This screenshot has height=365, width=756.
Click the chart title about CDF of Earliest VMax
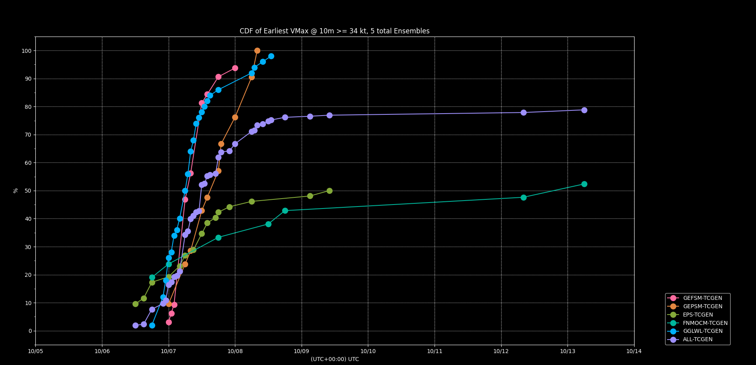pos(335,31)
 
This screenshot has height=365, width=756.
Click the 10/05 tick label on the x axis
pos(35,351)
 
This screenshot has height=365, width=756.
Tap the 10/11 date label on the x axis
pos(435,351)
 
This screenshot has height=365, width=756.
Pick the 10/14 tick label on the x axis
pos(634,351)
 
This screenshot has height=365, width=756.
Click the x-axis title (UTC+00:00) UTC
pos(335,359)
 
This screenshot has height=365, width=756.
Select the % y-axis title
pos(16,191)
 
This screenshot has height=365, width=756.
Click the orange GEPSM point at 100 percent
pos(257,51)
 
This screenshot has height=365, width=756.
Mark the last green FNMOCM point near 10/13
pos(584,184)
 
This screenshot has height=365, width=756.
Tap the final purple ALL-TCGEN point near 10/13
pos(584,110)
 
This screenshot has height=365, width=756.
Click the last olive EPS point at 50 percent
pos(329,191)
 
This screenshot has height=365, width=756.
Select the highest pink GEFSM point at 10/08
pos(235,68)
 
